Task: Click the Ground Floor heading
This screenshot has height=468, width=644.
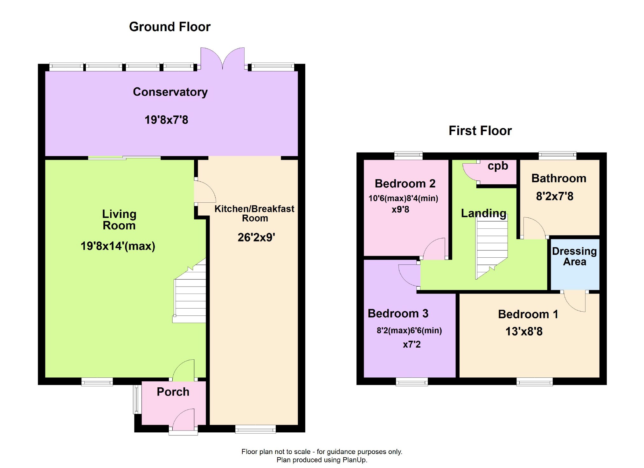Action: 170,27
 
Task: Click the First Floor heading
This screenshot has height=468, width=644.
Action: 480,131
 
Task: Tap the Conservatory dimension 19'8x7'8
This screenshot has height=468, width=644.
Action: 166,120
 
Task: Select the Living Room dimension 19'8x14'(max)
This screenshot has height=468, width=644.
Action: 118,246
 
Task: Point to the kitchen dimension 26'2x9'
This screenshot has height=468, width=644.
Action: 256,238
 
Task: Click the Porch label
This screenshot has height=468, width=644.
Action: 173,392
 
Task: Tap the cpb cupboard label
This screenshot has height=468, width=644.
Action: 498,166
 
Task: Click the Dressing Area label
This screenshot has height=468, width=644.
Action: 574,256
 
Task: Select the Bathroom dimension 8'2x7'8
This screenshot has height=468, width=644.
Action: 555,196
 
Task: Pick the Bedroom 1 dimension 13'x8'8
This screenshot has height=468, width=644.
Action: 524,332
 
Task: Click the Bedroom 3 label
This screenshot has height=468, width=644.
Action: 398,314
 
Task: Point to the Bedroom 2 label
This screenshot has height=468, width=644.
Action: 405,184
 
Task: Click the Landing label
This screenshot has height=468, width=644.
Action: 483,213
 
